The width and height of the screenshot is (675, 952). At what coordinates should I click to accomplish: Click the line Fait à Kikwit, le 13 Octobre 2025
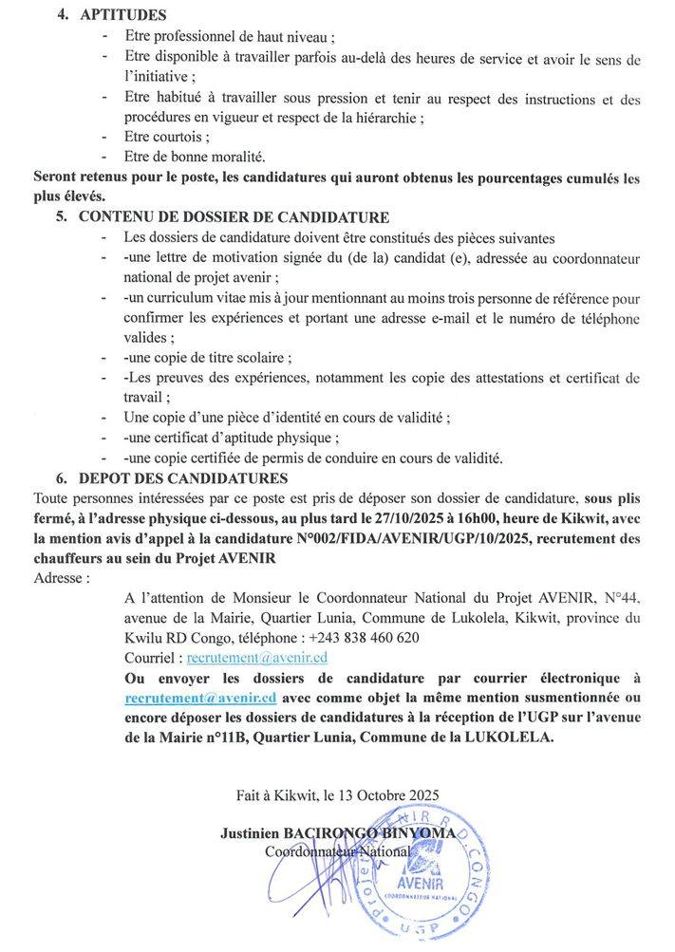(337, 795)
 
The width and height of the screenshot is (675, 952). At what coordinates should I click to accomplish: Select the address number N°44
(618, 597)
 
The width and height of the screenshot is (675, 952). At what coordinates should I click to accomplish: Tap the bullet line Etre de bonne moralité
(195, 157)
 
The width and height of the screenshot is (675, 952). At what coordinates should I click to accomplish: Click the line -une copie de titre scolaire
(207, 358)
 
